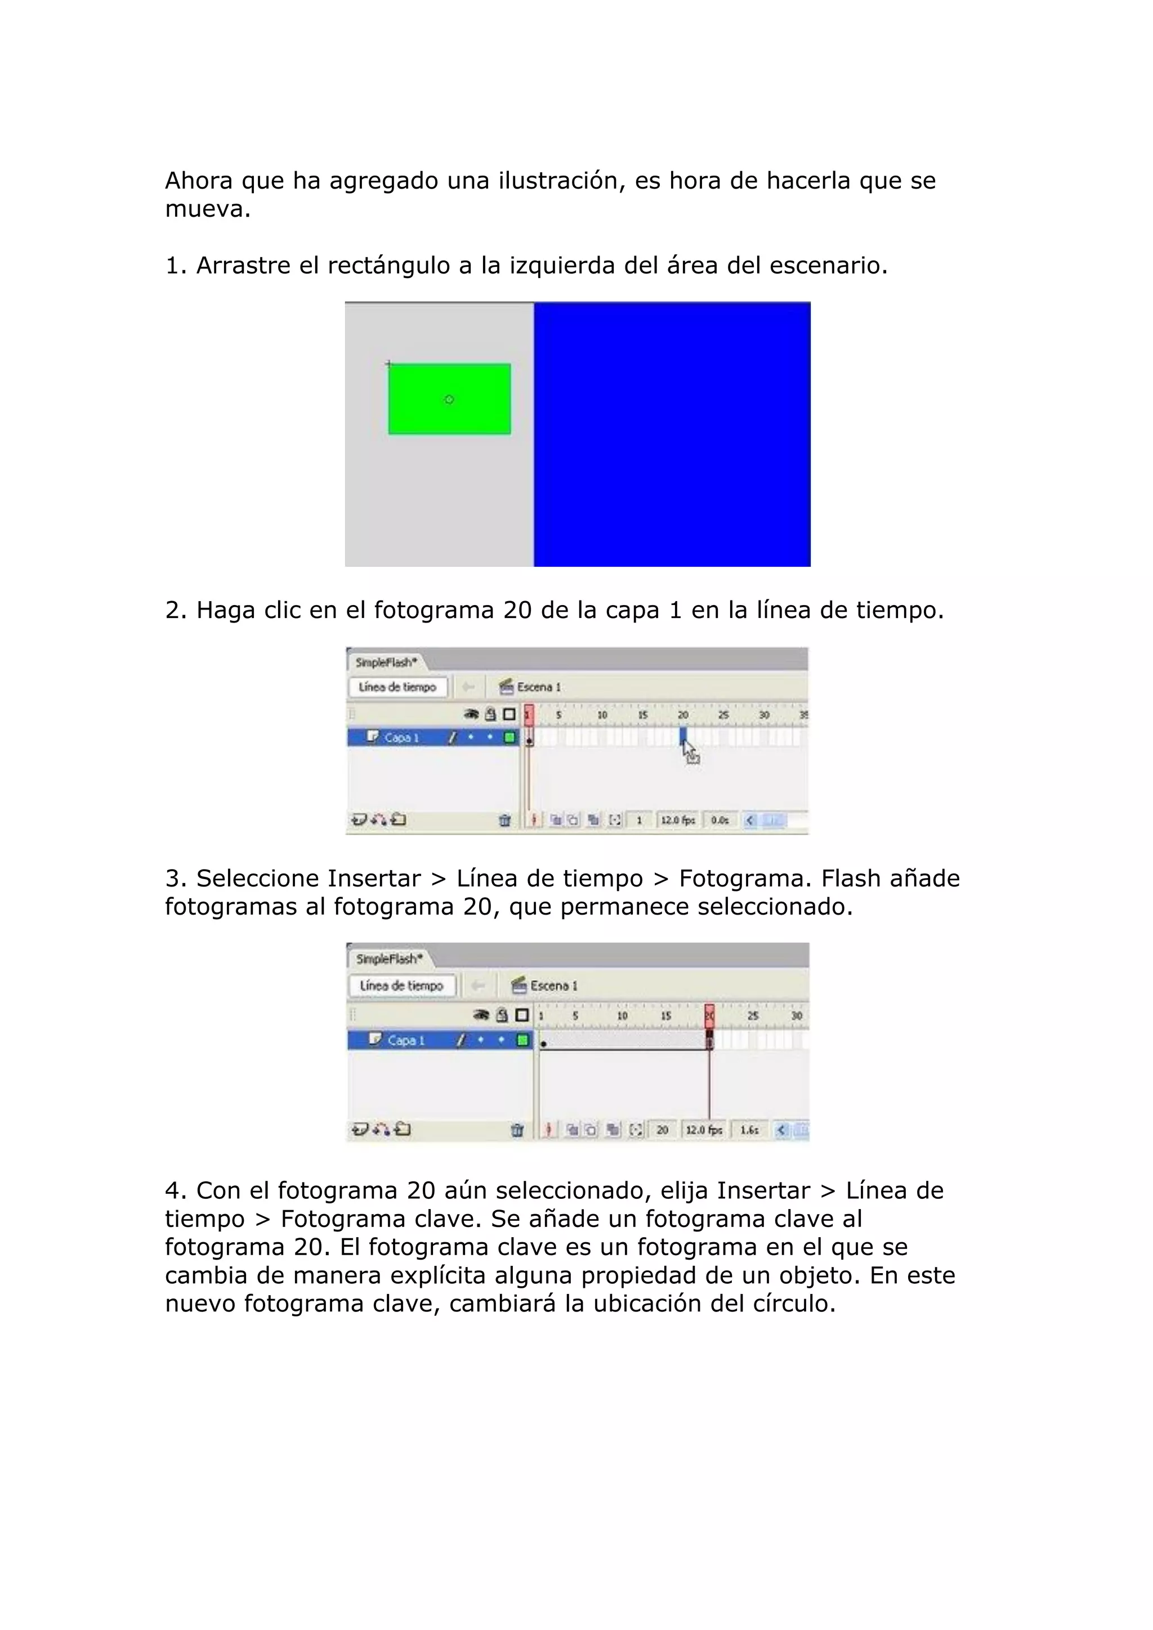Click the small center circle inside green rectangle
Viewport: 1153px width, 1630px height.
(449, 400)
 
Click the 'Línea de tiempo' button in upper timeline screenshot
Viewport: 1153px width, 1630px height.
(397, 687)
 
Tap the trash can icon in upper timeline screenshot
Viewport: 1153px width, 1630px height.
(505, 820)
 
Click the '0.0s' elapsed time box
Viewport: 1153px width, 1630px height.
(720, 820)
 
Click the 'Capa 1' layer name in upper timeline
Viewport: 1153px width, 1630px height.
(402, 738)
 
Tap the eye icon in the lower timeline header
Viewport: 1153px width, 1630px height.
(481, 1015)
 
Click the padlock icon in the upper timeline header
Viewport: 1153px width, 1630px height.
(490, 714)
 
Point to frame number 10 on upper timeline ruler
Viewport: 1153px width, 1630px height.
(602, 715)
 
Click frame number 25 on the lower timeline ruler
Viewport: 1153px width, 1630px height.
(753, 1016)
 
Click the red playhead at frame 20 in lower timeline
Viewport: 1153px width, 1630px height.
(709, 1016)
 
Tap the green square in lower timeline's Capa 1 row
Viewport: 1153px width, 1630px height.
(523, 1040)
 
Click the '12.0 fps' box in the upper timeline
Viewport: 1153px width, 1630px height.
(678, 820)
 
